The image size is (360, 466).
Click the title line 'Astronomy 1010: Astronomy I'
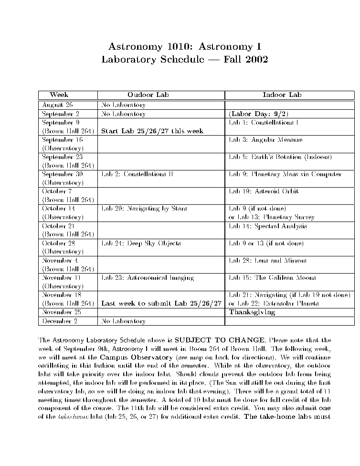click(x=184, y=47)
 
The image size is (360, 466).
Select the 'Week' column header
click(x=59, y=95)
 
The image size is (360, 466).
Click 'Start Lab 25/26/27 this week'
click(x=152, y=131)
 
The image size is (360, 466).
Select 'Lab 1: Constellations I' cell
click(x=264, y=123)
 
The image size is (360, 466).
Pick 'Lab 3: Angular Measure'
click(x=265, y=140)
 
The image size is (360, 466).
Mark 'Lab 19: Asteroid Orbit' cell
click(x=264, y=191)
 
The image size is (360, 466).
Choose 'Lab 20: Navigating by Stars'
click(x=144, y=209)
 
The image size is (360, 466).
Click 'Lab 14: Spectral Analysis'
click(x=268, y=226)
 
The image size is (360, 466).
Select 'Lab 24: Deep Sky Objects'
click(x=141, y=243)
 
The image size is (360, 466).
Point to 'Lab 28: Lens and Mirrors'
click(x=268, y=260)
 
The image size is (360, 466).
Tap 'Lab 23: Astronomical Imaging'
click(x=148, y=277)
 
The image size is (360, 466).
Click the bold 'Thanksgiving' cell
click(x=252, y=312)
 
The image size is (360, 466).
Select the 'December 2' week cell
click(x=61, y=321)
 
